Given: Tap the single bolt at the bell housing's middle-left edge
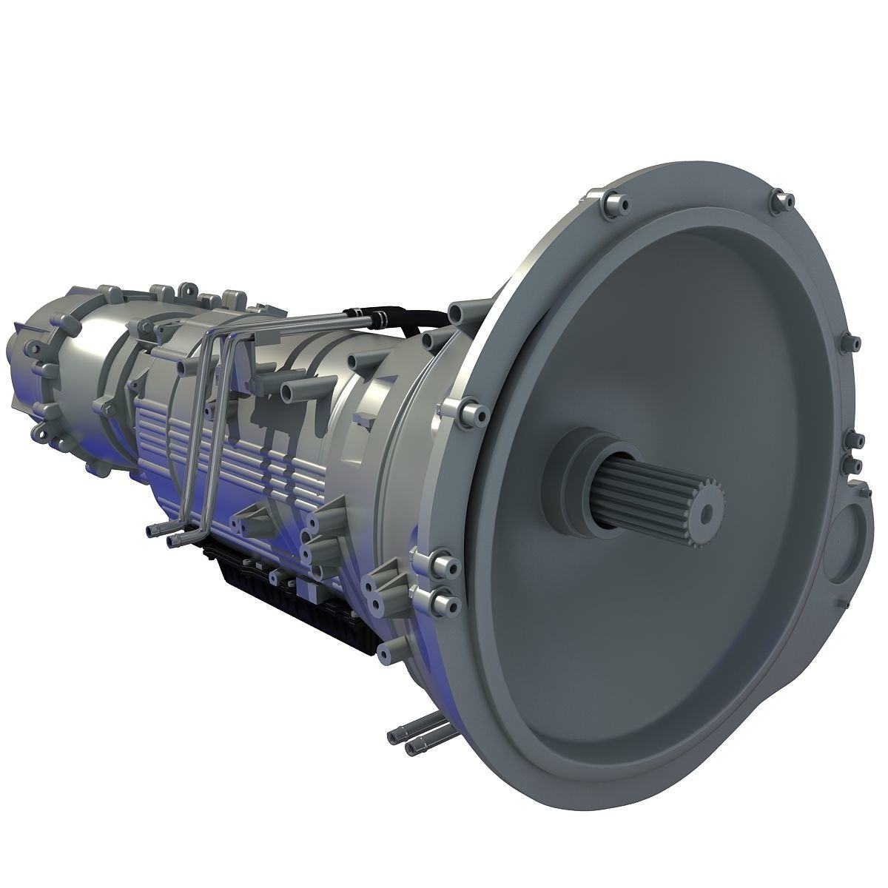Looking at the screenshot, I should click(465, 409).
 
